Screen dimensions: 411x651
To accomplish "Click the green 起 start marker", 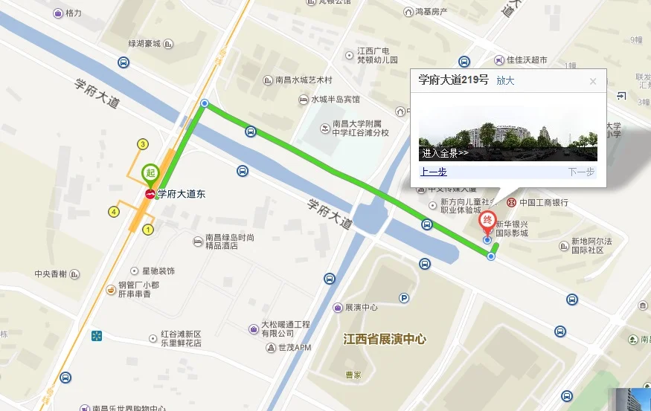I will [x=150, y=173].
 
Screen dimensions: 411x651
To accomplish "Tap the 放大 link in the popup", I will [x=505, y=80].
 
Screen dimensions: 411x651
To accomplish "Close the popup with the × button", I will [x=593, y=82].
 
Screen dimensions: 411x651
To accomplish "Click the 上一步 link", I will [x=433, y=172].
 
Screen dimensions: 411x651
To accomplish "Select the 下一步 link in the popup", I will [x=581, y=172].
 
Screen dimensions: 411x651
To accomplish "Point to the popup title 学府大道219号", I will [x=453, y=80].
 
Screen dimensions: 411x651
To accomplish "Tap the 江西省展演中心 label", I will [x=384, y=339].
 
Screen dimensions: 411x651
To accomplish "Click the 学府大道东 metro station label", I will [x=182, y=194].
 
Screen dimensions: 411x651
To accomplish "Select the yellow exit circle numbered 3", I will [x=142, y=144].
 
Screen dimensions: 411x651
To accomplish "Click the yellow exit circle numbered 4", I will [x=114, y=212].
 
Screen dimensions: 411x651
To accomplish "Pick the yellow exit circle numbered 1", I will [x=148, y=230].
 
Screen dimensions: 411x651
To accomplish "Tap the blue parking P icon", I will [x=405, y=299].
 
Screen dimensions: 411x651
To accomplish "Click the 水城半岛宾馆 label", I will [x=335, y=99].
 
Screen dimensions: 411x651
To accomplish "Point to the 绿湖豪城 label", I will [x=134, y=44].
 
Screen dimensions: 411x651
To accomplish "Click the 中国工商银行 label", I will [x=543, y=202].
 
